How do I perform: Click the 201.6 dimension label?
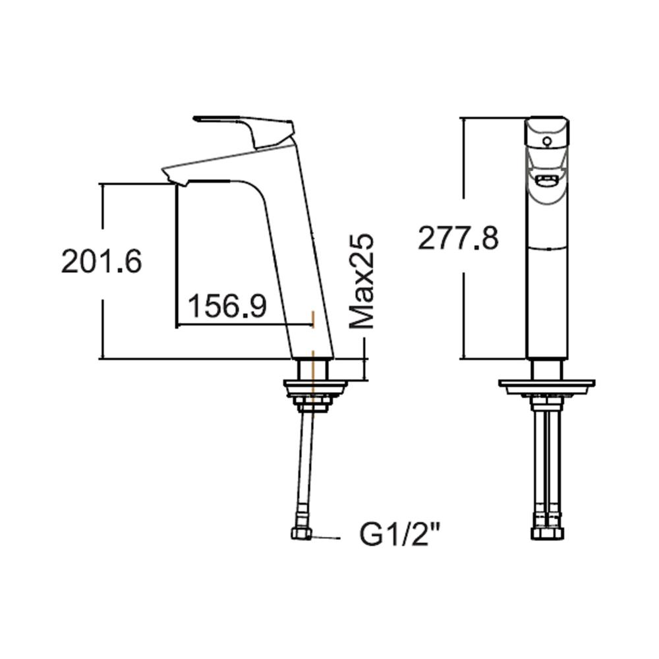click(101, 262)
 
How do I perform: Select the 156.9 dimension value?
click(227, 306)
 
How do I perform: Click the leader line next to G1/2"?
click(326, 538)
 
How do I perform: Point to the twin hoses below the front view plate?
click(546, 461)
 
